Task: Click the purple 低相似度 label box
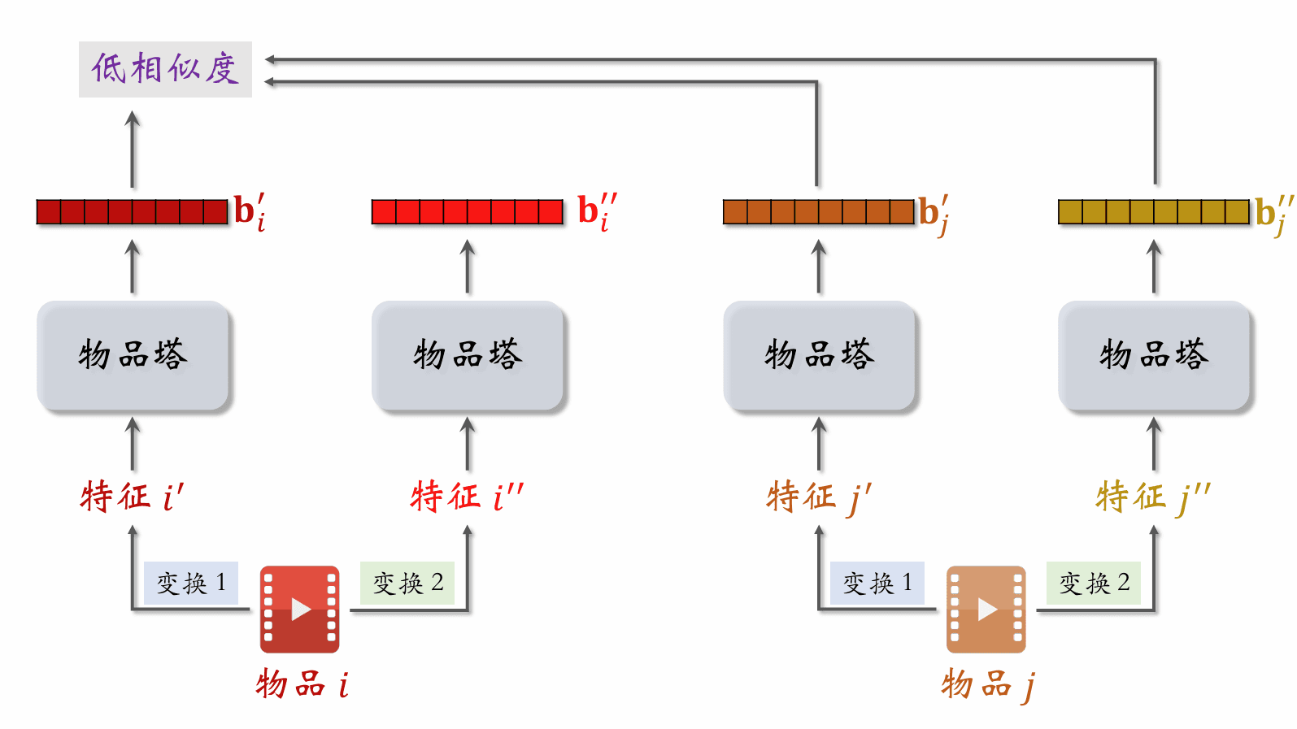(x=165, y=69)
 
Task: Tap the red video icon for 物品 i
(x=299, y=609)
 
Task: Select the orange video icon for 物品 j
(x=986, y=609)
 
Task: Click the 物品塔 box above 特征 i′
(x=133, y=356)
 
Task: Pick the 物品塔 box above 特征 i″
(x=468, y=356)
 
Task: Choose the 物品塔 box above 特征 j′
(x=819, y=356)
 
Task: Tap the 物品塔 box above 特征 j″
(x=1154, y=356)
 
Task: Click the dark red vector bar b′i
(x=132, y=212)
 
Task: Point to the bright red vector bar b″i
(x=467, y=212)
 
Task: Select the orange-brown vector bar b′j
(x=818, y=212)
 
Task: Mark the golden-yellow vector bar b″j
(x=1153, y=212)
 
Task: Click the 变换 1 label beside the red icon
(x=191, y=583)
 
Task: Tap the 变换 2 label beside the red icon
(x=407, y=583)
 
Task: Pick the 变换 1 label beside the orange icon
(x=877, y=583)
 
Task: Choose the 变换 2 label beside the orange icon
(x=1094, y=583)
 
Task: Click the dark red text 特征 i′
(x=132, y=496)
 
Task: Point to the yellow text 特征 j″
(x=1152, y=496)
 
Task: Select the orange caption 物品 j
(x=987, y=684)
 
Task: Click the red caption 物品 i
(x=302, y=684)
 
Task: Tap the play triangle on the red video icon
(x=301, y=609)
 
